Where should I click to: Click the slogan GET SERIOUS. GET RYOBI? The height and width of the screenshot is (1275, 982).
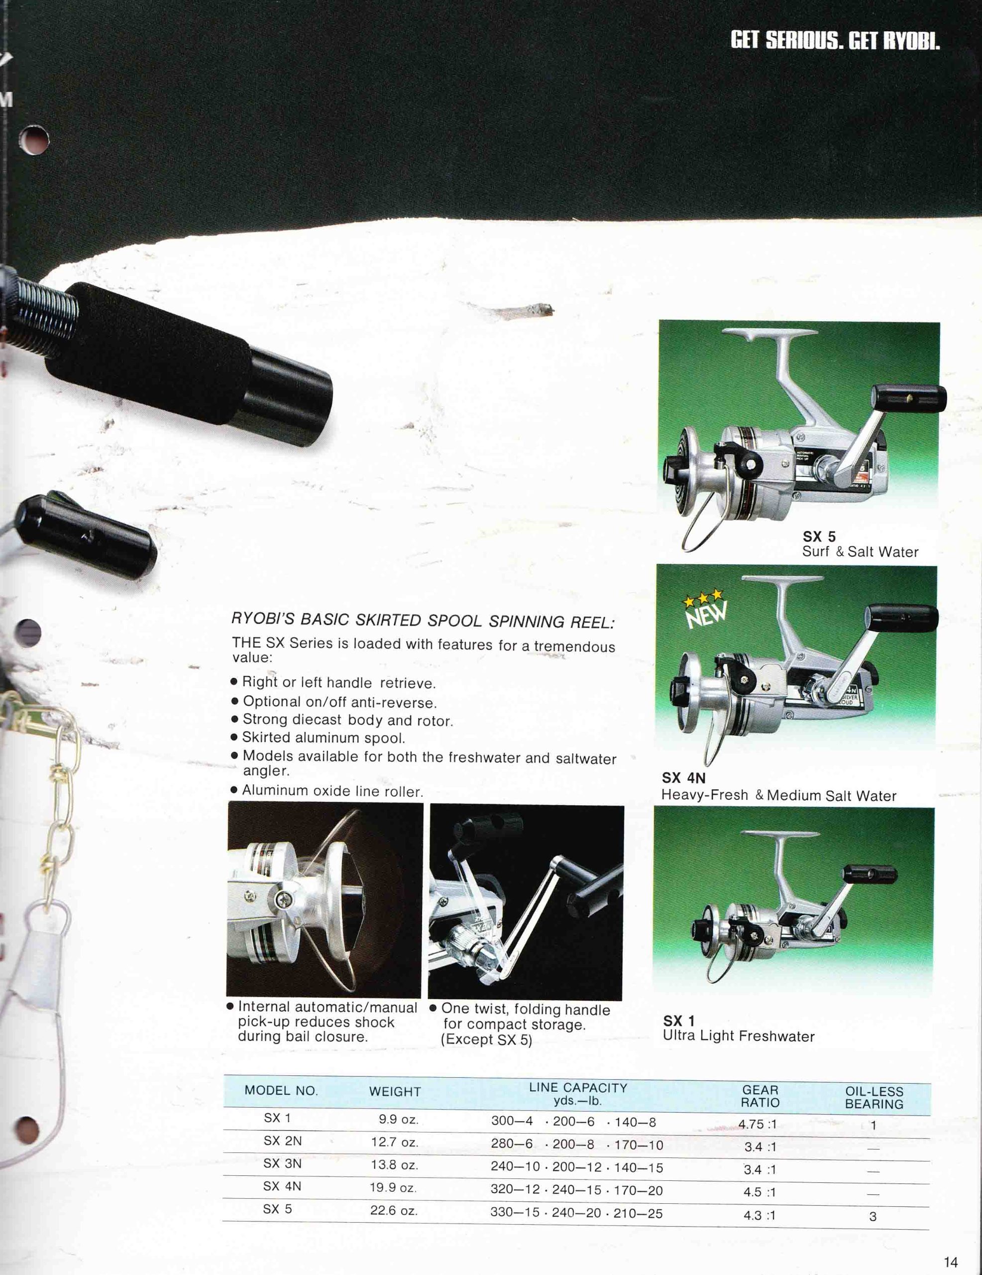pos(835,41)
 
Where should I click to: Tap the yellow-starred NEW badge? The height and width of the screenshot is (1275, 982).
pos(705,609)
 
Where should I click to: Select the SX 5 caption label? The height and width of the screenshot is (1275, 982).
pos(819,536)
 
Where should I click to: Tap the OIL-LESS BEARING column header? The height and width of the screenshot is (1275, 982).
pos(874,1098)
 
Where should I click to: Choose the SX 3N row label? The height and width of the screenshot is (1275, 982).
pos(282,1163)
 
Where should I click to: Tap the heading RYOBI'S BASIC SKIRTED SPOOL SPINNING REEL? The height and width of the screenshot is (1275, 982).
pos(423,621)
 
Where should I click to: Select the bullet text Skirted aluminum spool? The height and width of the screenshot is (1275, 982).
pos(324,738)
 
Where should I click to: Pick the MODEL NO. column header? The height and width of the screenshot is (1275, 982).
pos(281,1091)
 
